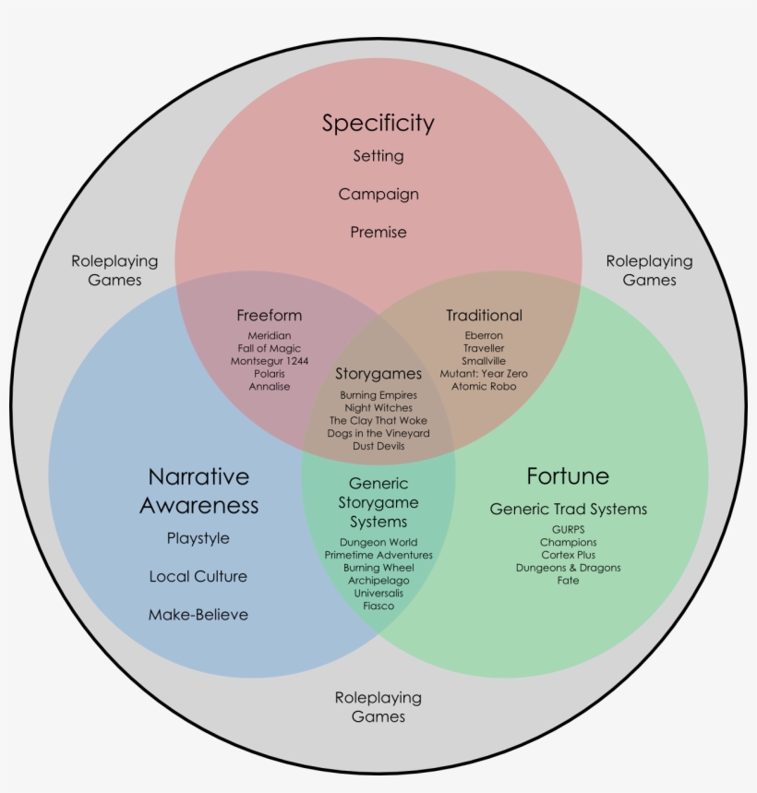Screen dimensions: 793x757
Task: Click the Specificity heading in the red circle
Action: [x=378, y=123]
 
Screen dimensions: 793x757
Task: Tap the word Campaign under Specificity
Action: [x=378, y=195]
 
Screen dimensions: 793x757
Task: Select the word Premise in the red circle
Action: [x=378, y=233]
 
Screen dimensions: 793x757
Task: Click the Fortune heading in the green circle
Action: [x=568, y=476]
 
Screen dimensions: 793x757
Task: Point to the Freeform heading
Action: [x=269, y=316]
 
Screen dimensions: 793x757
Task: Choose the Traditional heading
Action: [x=484, y=316]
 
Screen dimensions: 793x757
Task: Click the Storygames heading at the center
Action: [x=378, y=374]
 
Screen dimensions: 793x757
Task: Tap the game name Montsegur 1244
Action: [x=270, y=361]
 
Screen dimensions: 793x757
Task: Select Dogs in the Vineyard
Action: [x=378, y=433]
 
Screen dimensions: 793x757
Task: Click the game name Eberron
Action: [x=484, y=335]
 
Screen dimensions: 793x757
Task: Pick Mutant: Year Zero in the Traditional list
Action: [x=484, y=374]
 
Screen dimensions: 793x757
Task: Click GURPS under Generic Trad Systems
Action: [x=568, y=530]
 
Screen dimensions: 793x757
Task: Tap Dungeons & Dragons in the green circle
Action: [x=568, y=568]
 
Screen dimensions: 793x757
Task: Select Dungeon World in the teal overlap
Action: [x=378, y=542]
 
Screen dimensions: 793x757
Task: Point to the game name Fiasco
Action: [x=378, y=606]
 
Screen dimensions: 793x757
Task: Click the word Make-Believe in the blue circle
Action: [x=198, y=615]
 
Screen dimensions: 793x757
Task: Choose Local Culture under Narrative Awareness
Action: [x=198, y=577]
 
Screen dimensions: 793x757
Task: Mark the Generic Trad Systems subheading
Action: [x=568, y=510]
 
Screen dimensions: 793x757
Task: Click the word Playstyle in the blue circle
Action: [x=198, y=538]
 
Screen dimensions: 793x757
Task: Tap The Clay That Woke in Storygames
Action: [x=378, y=420]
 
